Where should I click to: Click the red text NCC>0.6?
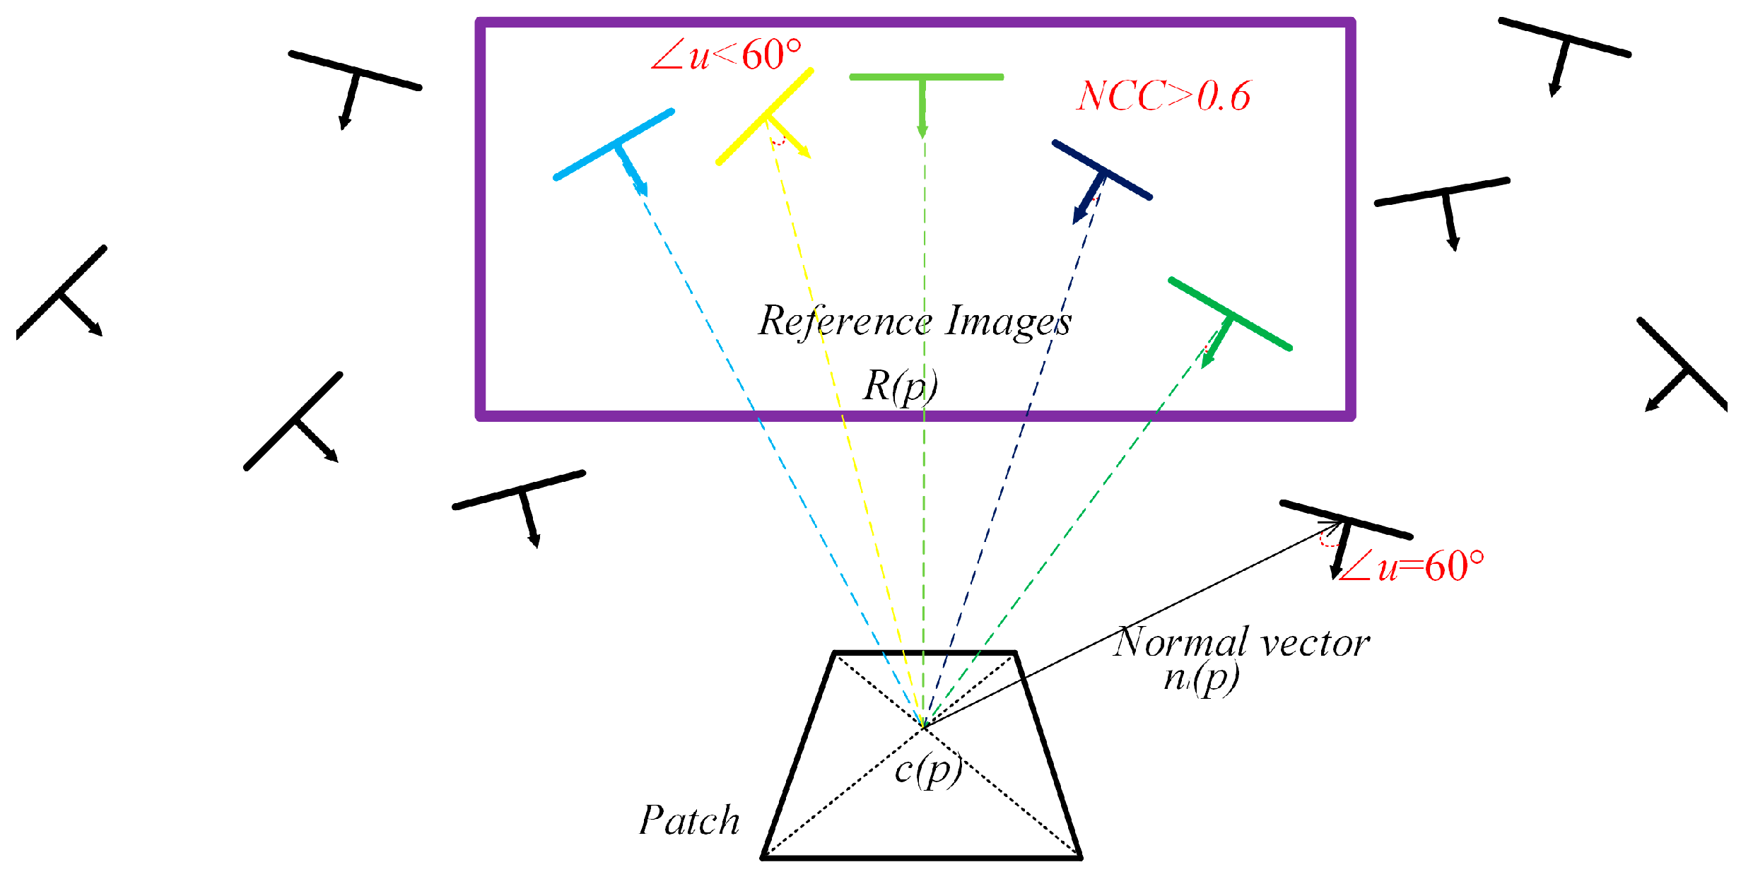[1163, 96]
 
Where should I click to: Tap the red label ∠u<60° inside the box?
[726, 55]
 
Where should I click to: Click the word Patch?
[689, 820]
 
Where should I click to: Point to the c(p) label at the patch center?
[928, 769]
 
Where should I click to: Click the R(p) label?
[900, 386]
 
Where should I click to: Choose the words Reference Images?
[915, 321]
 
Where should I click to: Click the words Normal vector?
[1241, 643]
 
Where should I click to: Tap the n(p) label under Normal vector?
[1201, 678]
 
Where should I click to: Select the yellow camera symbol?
[764, 117]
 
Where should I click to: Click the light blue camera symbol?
[614, 145]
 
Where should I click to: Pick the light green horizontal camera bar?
[926, 77]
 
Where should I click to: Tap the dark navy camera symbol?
[1101, 170]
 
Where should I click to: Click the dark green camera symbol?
[1230, 314]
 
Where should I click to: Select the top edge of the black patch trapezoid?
[925, 652]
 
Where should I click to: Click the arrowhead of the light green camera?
[922, 131]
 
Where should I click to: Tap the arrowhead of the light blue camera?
[641, 189]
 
